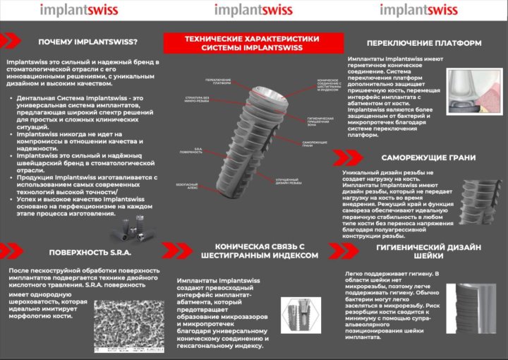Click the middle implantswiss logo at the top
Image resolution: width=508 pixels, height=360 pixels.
click(254, 11)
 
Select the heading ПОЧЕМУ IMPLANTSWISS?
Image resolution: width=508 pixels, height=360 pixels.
click(88, 42)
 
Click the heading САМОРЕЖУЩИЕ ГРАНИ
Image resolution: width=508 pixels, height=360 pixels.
click(428, 157)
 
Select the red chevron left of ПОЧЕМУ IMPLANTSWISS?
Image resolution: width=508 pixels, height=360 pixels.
click(12, 42)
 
